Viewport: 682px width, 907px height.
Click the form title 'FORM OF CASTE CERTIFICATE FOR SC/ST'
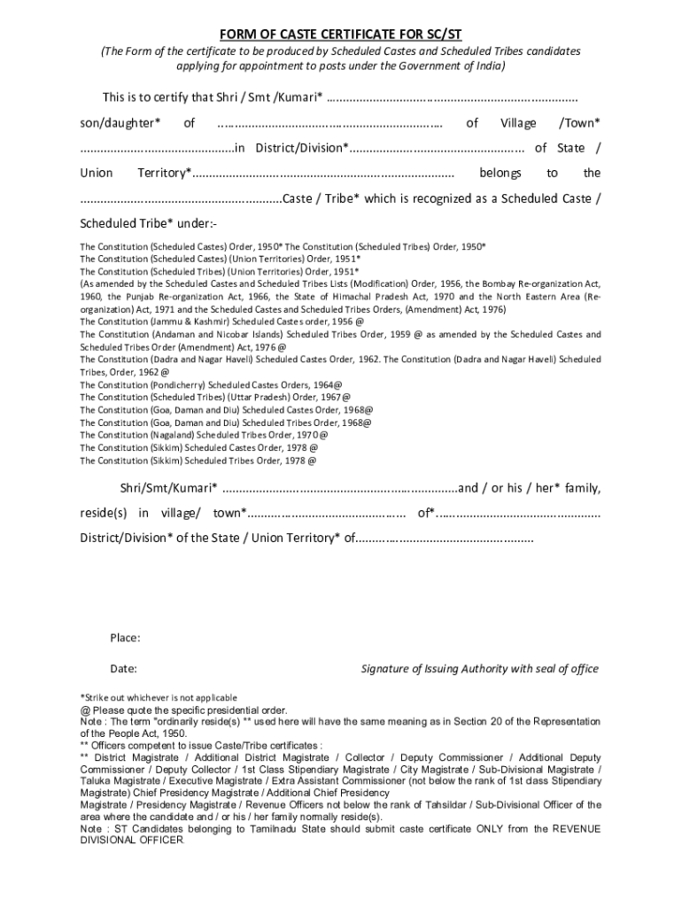341,35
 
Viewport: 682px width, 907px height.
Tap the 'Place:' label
125,638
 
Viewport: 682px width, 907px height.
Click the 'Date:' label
123,669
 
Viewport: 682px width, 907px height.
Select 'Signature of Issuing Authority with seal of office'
479,669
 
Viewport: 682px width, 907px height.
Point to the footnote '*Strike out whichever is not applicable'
159,698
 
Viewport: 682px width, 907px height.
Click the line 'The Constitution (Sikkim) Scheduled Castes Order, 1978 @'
198,448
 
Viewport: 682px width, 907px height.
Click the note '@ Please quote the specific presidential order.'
183,710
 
